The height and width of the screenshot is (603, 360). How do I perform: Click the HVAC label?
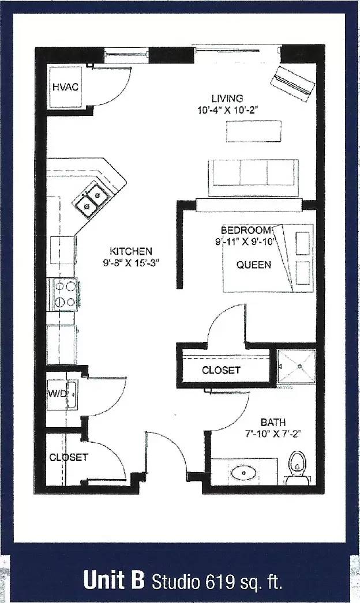tap(65, 87)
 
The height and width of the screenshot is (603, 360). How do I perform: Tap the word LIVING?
tap(227, 99)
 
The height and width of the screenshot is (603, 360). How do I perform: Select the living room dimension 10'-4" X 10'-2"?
tap(227, 110)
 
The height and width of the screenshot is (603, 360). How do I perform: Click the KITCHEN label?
tap(131, 251)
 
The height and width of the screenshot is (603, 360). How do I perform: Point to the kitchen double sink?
tap(92, 200)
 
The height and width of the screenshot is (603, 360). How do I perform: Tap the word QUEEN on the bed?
tap(254, 265)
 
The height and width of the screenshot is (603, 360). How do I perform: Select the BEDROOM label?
tap(246, 231)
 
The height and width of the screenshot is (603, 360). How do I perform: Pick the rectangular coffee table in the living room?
tap(254, 131)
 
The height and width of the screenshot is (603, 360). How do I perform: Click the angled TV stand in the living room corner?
tap(293, 84)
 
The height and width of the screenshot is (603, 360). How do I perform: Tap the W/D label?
tap(58, 394)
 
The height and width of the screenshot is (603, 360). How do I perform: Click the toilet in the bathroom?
tap(298, 468)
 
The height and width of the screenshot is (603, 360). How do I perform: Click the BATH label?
tap(273, 422)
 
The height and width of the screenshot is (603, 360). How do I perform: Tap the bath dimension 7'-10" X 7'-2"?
tap(273, 434)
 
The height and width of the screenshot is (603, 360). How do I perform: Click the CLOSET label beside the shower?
tap(221, 370)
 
